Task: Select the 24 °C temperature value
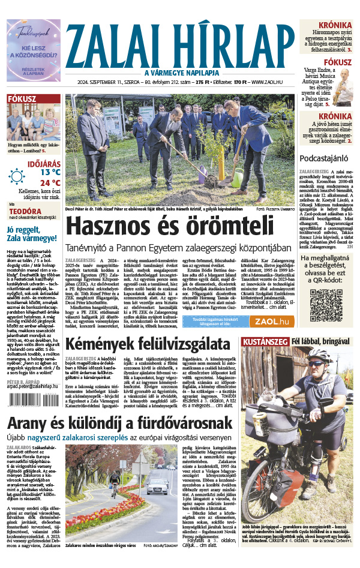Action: tap(50, 183)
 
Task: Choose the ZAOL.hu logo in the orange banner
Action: tap(272, 321)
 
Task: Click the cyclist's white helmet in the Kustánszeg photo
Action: tap(317, 354)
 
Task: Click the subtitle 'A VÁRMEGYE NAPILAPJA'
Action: tap(180, 73)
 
